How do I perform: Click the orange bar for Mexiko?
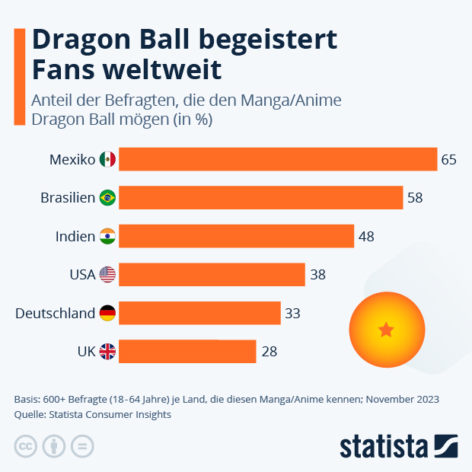point(278,159)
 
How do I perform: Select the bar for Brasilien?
point(260,198)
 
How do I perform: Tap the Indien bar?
point(236,236)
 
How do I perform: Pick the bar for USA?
point(212,274)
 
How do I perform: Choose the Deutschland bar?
point(199,313)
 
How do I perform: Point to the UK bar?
point(187,351)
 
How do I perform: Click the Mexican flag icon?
point(107,159)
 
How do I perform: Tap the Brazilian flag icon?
point(107,198)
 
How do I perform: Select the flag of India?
point(107,236)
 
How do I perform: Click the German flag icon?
point(107,313)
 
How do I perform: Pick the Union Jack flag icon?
point(107,351)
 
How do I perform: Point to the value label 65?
point(448,160)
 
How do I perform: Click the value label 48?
point(366,237)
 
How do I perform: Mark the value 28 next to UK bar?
point(268,352)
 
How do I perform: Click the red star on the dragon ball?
point(386,330)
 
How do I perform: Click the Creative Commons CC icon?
point(26,446)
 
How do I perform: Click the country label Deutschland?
point(55,313)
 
